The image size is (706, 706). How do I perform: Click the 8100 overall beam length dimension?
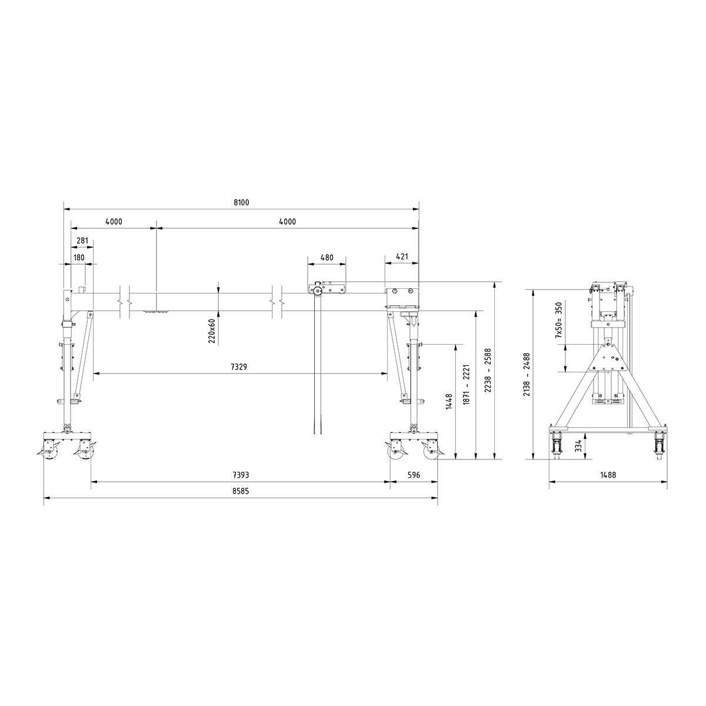click(x=241, y=202)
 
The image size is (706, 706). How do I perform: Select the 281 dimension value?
click(x=82, y=240)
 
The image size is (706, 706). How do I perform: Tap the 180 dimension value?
click(x=78, y=257)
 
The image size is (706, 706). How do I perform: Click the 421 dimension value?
click(x=402, y=257)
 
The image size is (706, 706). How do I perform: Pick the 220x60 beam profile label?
click(x=212, y=331)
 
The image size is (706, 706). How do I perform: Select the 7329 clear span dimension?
click(x=239, y=367)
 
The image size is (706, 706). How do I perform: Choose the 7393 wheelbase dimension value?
click(x=240, y=475)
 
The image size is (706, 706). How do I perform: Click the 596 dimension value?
click(x=414, y=475)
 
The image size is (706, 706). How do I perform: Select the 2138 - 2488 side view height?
click(x=527, y=374)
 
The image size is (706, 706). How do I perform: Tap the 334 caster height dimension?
click(x=579, y=447)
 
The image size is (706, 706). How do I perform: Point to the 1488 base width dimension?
click(x=608, y=475)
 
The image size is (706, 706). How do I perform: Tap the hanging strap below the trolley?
click(x=318, y=365)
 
